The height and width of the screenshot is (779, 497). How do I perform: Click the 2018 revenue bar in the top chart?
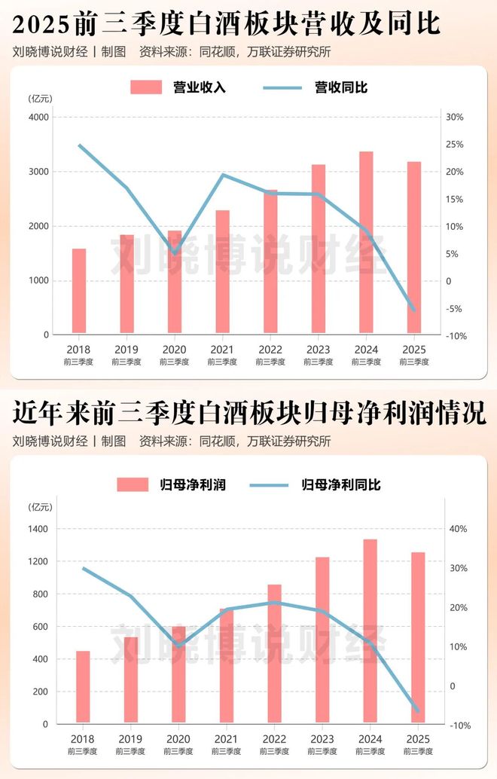pyautogui.click(x=79, y=291)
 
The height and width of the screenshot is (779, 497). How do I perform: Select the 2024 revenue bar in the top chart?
pyautogui.click(x=366, y=242)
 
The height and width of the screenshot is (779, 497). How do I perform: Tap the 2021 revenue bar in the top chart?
pyautogui.click(x=222, y=271)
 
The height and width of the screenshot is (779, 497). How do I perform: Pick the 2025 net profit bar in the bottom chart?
pyautogui.click(x=418, y=637)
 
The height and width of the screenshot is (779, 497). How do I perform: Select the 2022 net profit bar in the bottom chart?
pyautogui.click(x=275, y=653)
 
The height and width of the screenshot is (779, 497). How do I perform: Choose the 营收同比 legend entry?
pyautogui.click(x=316, y=87)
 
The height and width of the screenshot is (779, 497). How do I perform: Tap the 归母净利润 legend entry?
pyautogui.click(x=171, y=484)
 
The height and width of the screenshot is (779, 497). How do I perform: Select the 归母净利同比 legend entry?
pyautogui.click(x=316, y=484)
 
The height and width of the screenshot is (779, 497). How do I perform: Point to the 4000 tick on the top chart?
pyautogui.click(x=38, y=118)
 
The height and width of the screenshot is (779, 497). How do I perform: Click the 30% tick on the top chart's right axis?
pyautogui.click(x=455, y=118)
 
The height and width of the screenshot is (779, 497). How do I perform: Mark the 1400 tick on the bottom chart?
pyautogui.click(x=37, y=529)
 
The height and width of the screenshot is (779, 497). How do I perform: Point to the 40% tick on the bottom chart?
pyautogui.click(x=459, y=529)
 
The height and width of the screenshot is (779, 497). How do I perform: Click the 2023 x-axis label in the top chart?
pyautogui.click(x=318, y=350)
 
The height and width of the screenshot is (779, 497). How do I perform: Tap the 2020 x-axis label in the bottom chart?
pyautogui.click(x=178, y=739)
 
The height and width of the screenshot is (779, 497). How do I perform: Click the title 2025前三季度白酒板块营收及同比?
pyautogui.click(x=227, y=24)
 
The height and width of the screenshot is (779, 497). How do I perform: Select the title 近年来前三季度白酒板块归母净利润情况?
pyautogui.click(x=248, y=414)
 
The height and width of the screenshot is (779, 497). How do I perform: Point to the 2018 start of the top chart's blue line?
pyautogui.click(x=79, y=145)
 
